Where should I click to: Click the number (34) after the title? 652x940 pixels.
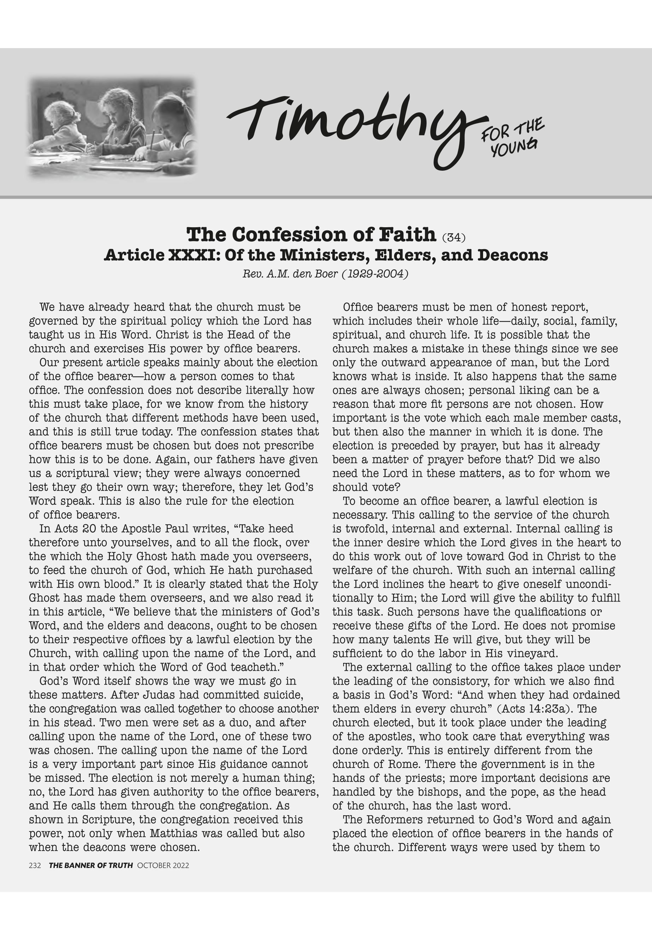(453, 237)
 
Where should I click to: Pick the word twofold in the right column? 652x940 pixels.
(360, 529)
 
